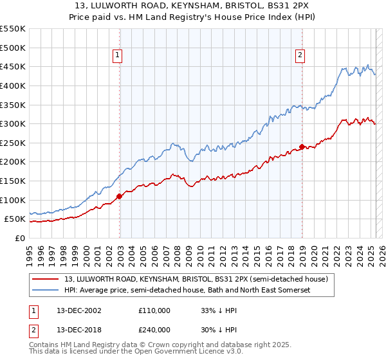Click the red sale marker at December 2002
coord(120,196)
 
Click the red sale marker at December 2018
coord(302,147)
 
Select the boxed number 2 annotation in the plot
coord(300,56)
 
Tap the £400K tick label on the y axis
coord(14,85)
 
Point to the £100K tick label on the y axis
coord(14,200)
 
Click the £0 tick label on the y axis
coord(21,238)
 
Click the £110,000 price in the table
coord(154,310)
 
